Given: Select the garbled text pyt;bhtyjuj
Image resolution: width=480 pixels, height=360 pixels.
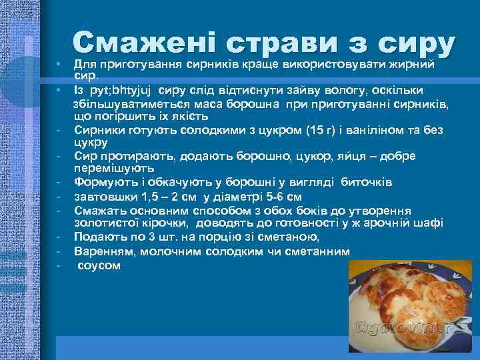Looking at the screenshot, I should coord(123,90).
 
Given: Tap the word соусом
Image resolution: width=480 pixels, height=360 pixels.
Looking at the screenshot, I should coord(99,265).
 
